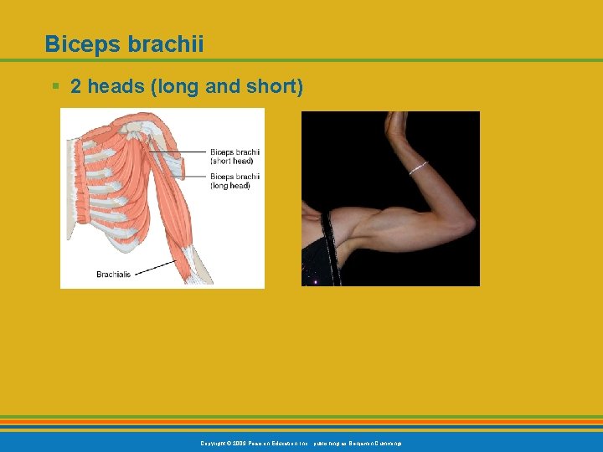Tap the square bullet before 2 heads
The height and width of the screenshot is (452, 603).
click(x=54, y=86)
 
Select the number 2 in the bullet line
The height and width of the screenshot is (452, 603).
click(x=75, y=86)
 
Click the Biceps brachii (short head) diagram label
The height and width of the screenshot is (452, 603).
click(x=234, y=156)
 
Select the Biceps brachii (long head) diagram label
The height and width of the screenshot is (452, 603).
click(x=234, y=181)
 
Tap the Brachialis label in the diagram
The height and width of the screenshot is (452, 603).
click(x=112, y=274)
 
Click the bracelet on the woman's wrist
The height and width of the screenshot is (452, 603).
click(x=418, y=167)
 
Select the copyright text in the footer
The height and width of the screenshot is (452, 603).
click(x=301, y=443)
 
